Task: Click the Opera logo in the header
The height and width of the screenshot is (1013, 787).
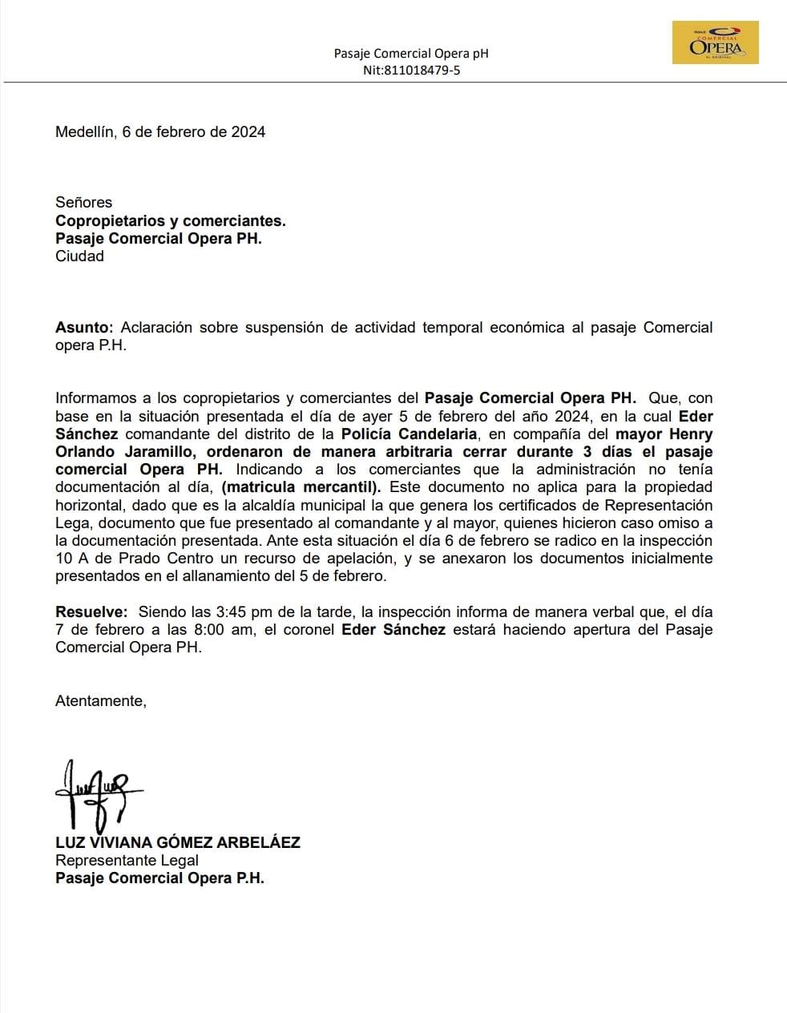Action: [715, 42]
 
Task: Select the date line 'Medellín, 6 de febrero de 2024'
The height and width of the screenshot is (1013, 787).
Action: [160, 132]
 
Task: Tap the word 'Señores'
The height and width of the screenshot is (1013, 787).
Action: [84, 202]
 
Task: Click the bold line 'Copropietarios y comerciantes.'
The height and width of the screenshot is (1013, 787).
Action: [170, 220]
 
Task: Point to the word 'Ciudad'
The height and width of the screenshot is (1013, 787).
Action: [79, 256]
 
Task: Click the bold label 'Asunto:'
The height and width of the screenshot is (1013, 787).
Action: [84, 328]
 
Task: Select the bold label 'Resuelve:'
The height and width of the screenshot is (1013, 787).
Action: [91, 611]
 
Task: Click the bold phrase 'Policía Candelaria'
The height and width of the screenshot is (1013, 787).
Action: [409, 434]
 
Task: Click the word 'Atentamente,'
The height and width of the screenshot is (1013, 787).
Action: [101, 701]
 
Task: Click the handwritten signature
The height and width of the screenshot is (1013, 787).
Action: [96, 793]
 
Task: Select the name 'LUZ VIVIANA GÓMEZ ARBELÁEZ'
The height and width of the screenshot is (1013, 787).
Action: [177, 842]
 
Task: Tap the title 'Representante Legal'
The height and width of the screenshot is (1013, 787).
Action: [127, 861]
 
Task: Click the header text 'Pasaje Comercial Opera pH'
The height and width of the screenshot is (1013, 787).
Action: [411, 54]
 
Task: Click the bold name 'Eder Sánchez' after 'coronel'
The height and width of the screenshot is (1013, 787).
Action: [393, 630]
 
